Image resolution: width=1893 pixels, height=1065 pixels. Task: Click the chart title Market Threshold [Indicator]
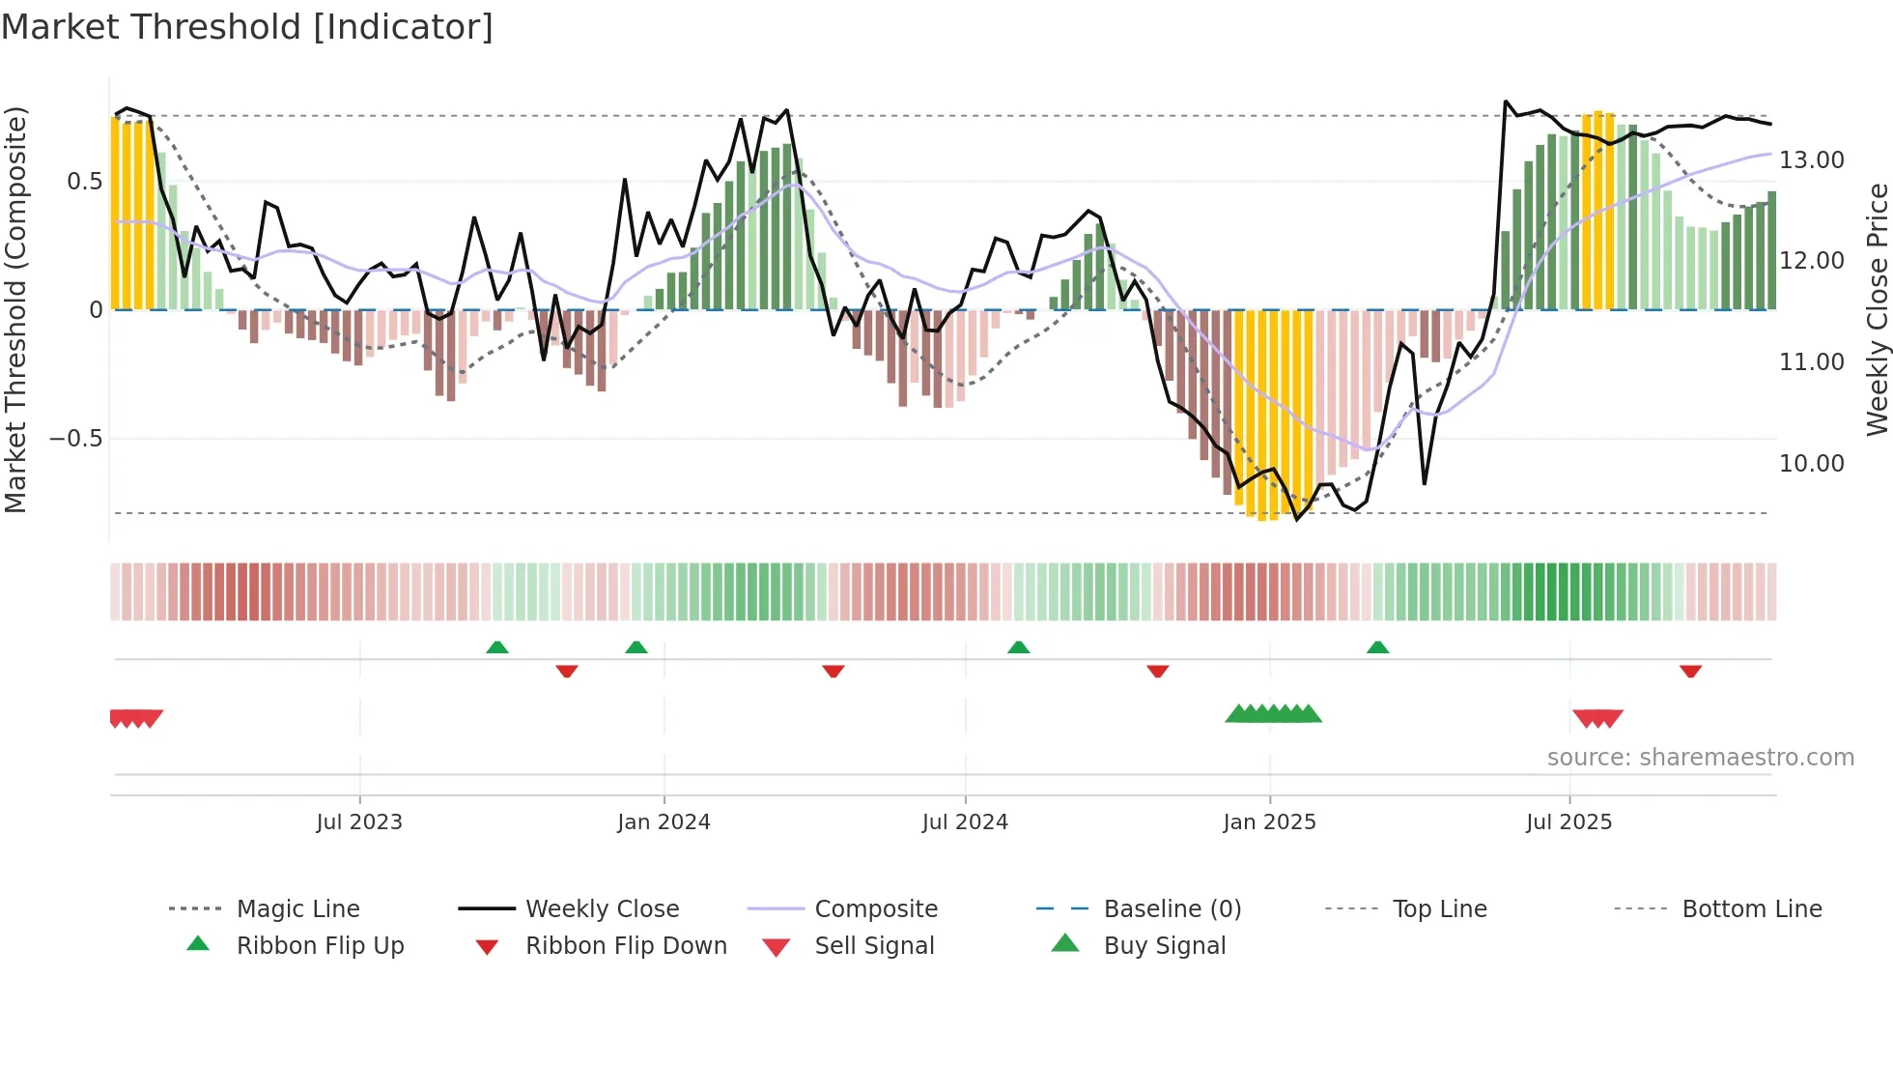(x=247, y=27)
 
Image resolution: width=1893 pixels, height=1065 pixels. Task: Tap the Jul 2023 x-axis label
(x=359, y=822)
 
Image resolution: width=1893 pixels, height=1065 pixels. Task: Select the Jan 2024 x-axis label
(x=664, y=822)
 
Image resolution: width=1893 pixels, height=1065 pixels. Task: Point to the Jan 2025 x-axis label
(x=1269, y=822)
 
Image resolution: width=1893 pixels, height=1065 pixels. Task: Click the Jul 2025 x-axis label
(x=1568, y=822)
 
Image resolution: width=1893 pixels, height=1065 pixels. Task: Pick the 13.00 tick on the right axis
(x=1811, y=160)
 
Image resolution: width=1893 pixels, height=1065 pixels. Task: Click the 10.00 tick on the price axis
(x=1811, y=464)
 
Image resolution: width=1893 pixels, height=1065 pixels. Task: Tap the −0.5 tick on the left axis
(x=75, y=439)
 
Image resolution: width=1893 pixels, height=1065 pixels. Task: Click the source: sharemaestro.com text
(x=1700, y=758)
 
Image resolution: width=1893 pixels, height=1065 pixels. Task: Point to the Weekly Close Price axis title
(x=1877, y=309)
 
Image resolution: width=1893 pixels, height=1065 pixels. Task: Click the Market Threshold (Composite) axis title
(x=15, y=309)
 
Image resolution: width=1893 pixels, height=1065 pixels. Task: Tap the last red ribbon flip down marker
(x=1690, y=671)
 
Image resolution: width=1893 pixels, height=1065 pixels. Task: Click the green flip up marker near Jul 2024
(x=1018, y=648)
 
